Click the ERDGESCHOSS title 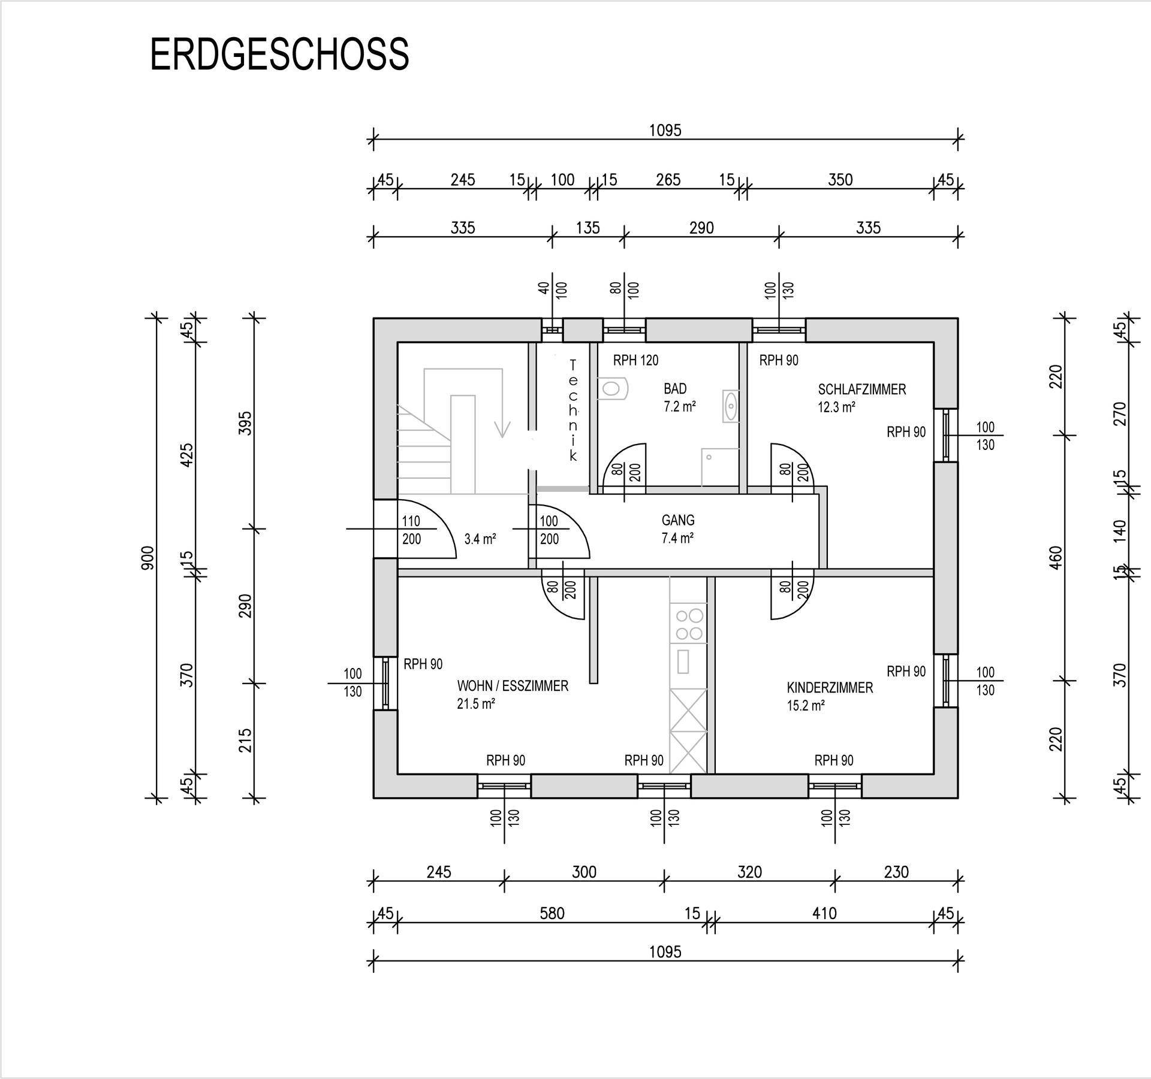click(279, 55)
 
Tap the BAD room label click(675, 389)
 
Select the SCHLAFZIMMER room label click(861, 389)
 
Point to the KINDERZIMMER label click(830, 688)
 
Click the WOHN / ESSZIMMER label click(513, 686)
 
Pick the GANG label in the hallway click(678, 521)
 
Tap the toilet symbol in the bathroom click(612, 388)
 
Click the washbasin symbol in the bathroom click(731, 406)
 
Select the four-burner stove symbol click(689, 624)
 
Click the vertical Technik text click(573, 410)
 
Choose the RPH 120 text click(635, 360)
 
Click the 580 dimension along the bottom click(552, 913)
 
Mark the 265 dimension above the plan click(668, 180)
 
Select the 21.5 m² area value click(476, 704)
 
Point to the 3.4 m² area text click(480, 539)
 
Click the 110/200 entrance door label click(411, 530)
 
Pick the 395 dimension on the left click(245, 423)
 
